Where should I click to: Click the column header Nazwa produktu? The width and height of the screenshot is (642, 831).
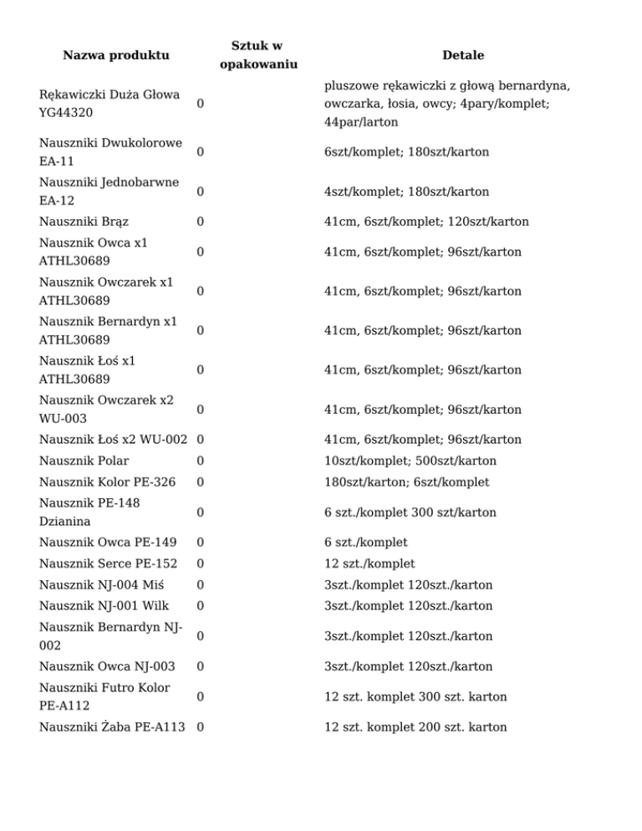pyautogui.click(x=116, y=55)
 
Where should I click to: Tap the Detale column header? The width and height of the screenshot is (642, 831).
pyautogui.click(x=463, y=55)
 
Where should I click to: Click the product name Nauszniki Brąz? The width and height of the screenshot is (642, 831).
pyautogui.click(x=84, y=222)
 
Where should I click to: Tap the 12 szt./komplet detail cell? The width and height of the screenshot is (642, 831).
pyautogui.click(x=370, y=563)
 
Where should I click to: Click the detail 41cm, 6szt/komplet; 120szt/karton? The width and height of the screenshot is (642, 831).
pyautogui.click(x=427, y=222)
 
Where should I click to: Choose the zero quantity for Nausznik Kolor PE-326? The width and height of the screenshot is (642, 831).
pyautogui.click(x=201, y=482)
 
